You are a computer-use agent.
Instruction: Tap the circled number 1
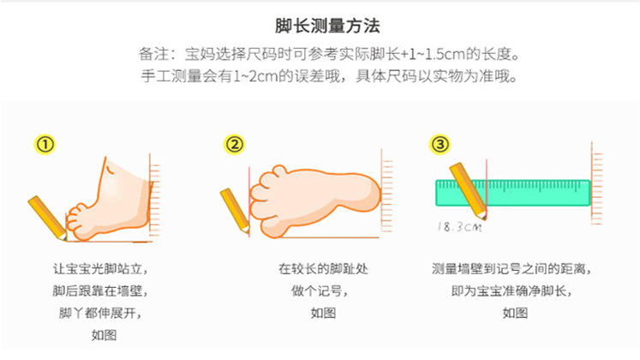45,144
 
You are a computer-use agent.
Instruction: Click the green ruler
512,193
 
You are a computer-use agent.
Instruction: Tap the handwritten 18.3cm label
458,227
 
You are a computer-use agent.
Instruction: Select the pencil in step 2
235,210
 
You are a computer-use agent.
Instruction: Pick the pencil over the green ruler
469,182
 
